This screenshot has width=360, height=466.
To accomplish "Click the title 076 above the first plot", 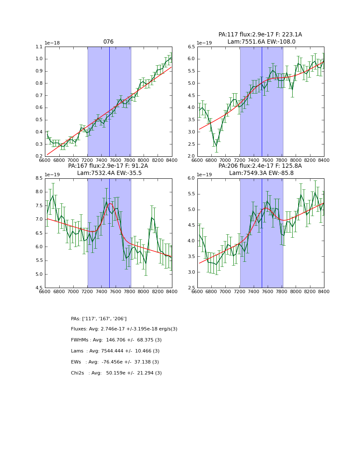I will click(108, 42).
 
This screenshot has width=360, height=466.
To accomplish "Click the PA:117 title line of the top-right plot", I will click(260, 35).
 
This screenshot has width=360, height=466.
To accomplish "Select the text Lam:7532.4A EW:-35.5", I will click(109, 173).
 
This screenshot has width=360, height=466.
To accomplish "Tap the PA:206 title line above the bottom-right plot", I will click(260, 166).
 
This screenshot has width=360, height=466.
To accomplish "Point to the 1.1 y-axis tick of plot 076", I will click(39, 47).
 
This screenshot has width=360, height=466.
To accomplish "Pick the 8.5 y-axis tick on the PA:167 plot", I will click(39, 178).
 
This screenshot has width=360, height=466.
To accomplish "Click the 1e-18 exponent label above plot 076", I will click(53, 43).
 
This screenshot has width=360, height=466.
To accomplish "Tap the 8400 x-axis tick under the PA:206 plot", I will click(324, 291).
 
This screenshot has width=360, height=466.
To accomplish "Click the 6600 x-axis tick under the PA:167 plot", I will click(45, 291).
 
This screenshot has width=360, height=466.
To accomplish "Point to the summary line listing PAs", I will click(99, 319).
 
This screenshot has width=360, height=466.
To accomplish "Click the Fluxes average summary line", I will click(124, 329).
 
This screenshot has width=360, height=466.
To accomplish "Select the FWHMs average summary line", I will click(116, 340).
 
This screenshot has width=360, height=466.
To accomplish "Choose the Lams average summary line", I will click(115, 351).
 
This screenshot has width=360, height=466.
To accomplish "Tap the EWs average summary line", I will click(115, 362).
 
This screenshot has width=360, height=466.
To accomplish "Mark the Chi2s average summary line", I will click(116, 373).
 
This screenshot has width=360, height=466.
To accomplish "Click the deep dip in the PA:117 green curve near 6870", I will click(216, 146).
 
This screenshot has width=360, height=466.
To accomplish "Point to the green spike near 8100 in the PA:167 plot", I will click(152, 217).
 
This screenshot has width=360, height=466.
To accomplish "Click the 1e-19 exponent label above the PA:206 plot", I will click(205, 175).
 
